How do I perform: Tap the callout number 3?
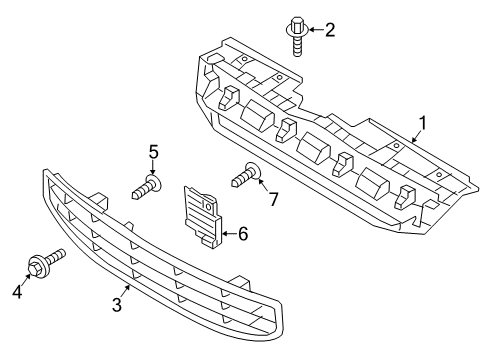(x=117, y=304)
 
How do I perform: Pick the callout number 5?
(x=153, y=151)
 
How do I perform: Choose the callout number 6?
(x=242, y=234)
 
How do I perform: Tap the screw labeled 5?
(x=146, y=186)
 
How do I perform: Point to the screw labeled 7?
(x=244, y=178)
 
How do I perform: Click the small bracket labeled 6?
(x=201, y=214)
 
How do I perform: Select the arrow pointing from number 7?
(x=262, y=190)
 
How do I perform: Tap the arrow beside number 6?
(x=227, y=234)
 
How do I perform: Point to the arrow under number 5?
(x=153, y=168)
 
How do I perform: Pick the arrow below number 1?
(x=413, y=138)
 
